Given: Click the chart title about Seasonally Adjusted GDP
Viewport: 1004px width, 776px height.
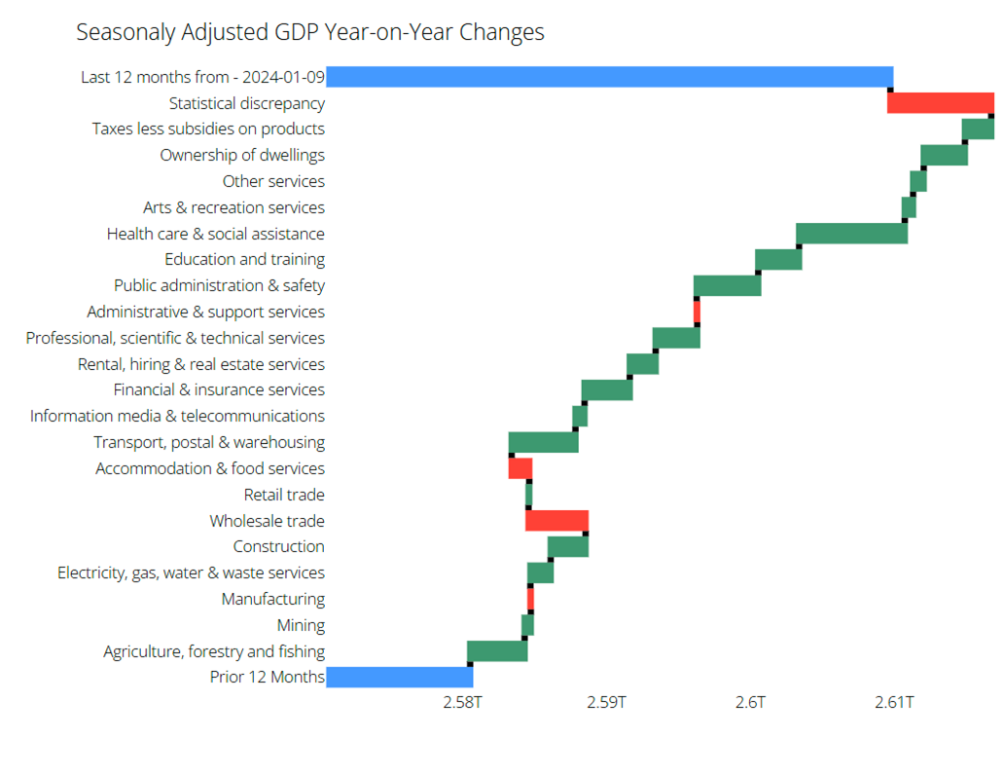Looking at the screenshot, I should pyautogui.click(x=309, y=32).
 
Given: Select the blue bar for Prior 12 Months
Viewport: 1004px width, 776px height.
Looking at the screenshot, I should pyautogui.click(x=399, y=677).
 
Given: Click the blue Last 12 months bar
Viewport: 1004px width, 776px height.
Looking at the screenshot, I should pyautogui.click(x=609, y=77).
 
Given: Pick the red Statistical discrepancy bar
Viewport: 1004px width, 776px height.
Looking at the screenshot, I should pyautogui.click(x=940, y=103).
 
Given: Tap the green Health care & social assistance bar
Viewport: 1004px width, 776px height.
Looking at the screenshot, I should pyautogui.click(x=851, y=234).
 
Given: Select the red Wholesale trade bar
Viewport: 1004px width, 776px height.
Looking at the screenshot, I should pyautogui.click(x=556, y=521).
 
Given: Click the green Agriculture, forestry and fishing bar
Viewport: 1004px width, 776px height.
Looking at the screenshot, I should pyautogui.click(x=497, y=651).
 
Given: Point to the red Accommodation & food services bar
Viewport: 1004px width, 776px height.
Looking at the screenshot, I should pyautogui.click(x=520, y=468).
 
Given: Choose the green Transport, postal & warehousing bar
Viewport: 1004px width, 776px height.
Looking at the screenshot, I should pyautogui.click(x=543, y=442).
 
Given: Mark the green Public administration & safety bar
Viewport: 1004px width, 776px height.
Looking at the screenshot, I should pyautogui.click(x=727, y=285).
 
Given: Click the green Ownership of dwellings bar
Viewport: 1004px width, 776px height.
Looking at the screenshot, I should pyautogui.click(x=944, y=155).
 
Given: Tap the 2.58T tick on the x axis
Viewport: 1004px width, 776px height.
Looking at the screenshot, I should pyautogui.click(x=462, y=702).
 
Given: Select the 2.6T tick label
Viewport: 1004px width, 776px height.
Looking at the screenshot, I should pyautogui.click(x=749, y=702).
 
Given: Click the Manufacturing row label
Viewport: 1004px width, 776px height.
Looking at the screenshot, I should pyautogui.click(x=272, y=599).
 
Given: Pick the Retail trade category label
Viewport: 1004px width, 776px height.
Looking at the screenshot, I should pyautogui.click(x=284, y=495).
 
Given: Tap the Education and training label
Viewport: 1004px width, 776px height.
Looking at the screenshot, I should pyautogui.click(x=244, y=259).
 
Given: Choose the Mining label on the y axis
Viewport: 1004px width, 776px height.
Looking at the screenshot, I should pyautogui.click(x=301, y=625).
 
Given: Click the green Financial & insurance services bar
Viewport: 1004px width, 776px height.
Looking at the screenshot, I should pyautogui.click(x=607, y=389).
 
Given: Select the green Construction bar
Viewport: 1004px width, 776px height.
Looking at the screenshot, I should pyautogui.click(x=567, y=546).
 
